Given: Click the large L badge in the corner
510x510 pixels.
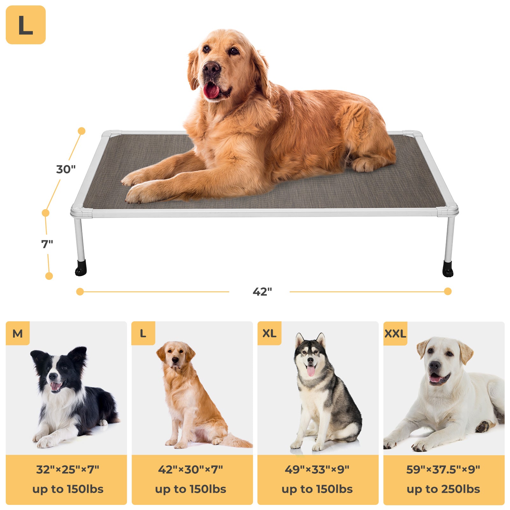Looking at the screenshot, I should coord(25,25).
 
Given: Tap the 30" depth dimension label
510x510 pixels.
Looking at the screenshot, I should coord(66,169).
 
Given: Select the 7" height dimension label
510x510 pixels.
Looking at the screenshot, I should coord(47,244).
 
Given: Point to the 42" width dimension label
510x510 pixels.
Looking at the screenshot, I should coord(262,292).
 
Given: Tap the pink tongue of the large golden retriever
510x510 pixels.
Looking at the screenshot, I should coord(211,91).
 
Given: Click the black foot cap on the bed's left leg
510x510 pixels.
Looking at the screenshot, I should coord(81,268).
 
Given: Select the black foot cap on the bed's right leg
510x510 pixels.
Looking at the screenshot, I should coord(448,269).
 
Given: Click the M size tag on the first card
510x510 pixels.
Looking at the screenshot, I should coord(18,333).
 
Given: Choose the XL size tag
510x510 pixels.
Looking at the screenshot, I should coord(269,333).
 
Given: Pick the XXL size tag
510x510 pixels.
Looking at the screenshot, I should coord(395,334).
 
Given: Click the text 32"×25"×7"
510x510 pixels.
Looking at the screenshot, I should coord(68,470).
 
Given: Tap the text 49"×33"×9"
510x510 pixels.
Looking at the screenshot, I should coord(317,470).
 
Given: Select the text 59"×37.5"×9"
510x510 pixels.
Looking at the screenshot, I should coord(443,470).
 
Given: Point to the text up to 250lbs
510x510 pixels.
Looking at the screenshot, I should coord(443,489).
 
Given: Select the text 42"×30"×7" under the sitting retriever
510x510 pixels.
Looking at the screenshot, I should coord(191,470).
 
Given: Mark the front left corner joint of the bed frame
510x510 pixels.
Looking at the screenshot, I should coord(81,212).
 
